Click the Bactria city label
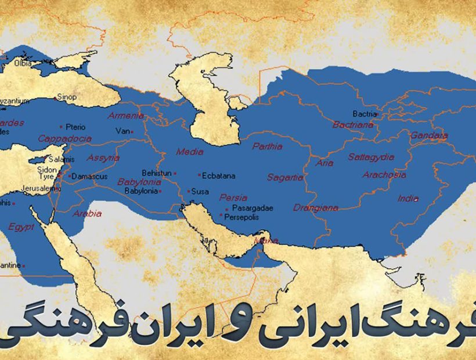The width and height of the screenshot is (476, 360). pos(365,114)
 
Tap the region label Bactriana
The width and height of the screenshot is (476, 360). pos(352,125)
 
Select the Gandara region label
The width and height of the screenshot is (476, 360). pos(429,136)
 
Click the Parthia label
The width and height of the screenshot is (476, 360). pos(267,147)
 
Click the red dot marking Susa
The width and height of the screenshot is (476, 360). pos(189,191)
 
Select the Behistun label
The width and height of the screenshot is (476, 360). pos(157,173)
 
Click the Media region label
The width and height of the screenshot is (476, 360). pos(190,152)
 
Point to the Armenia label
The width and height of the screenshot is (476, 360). pos(126,116)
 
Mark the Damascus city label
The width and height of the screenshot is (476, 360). pos(89,176)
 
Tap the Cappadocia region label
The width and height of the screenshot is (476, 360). pos(65,139)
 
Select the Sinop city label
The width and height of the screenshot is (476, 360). pos(67,98)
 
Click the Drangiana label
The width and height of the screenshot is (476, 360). pos(316,207)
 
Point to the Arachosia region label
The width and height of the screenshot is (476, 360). pos(384,175)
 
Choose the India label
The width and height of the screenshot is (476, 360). pos(408,199)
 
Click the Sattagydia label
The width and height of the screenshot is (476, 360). pos(371,157)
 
